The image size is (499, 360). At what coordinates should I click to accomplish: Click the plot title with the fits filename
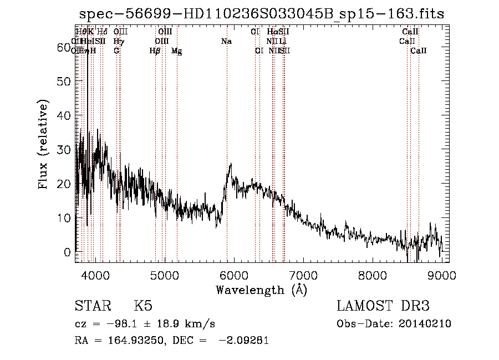coord(262,14)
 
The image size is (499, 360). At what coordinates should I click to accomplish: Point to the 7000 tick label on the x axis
coord(303,275)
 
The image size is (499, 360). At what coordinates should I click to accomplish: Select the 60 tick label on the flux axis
coord(64,48)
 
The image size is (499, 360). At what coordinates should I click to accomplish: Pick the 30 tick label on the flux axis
coord(64,150)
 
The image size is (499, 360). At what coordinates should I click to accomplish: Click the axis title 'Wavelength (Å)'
coord(261,289)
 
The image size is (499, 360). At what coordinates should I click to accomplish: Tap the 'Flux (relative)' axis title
coord(43,144)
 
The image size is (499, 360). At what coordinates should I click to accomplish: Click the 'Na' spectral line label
coord(226,41)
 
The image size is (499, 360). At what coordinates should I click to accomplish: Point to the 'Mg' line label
coord(176,51)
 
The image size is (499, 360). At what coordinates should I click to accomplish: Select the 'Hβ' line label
coord(155,51)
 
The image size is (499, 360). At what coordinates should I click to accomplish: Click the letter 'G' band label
coord(116,50)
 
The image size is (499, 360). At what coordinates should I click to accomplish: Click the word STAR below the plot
coord(92,306)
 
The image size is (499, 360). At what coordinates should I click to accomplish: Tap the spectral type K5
coord(142,306)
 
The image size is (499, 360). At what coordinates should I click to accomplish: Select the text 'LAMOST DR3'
coord(383,306)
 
